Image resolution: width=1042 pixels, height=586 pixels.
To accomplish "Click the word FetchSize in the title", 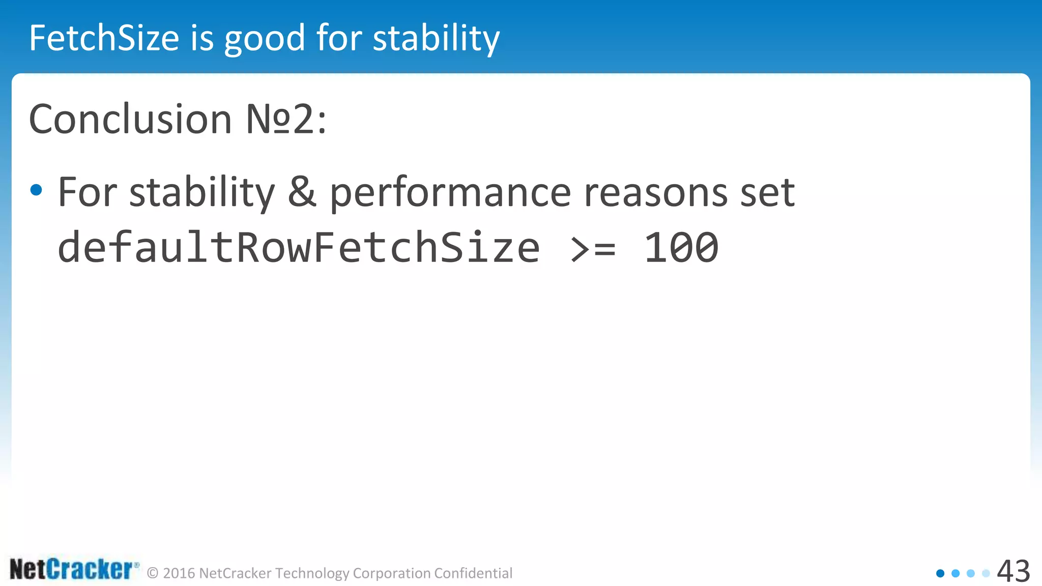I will click(x=104, y=38).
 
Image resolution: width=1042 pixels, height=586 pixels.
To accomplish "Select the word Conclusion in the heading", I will click(x=130, y=119).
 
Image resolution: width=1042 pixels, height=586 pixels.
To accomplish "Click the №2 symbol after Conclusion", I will click(x=280, y=119).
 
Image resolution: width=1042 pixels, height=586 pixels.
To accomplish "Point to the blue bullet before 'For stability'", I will click(x=36, y=190).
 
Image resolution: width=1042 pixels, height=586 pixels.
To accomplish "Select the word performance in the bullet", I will click(x=450, y=194).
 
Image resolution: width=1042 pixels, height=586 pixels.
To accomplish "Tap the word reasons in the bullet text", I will click(x=656, y=193).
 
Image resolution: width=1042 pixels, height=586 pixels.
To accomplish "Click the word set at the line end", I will click(x=767, y=193).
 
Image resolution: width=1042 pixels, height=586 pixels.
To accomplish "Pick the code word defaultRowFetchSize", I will click(x=299, y=247).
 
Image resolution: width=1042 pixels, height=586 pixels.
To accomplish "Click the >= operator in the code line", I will click(x=593, y=248).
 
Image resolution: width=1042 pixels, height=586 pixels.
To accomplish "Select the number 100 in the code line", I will click(x=681, y=248).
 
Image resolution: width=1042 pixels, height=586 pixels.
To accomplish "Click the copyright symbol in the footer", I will click(x=153, y=573).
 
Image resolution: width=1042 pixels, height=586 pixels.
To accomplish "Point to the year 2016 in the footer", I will click(x=179, y=573).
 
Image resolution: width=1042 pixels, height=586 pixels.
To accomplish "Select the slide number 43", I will click(x=1013, y=571).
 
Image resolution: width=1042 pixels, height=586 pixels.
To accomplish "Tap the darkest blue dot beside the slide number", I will click(x=940, y=573).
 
